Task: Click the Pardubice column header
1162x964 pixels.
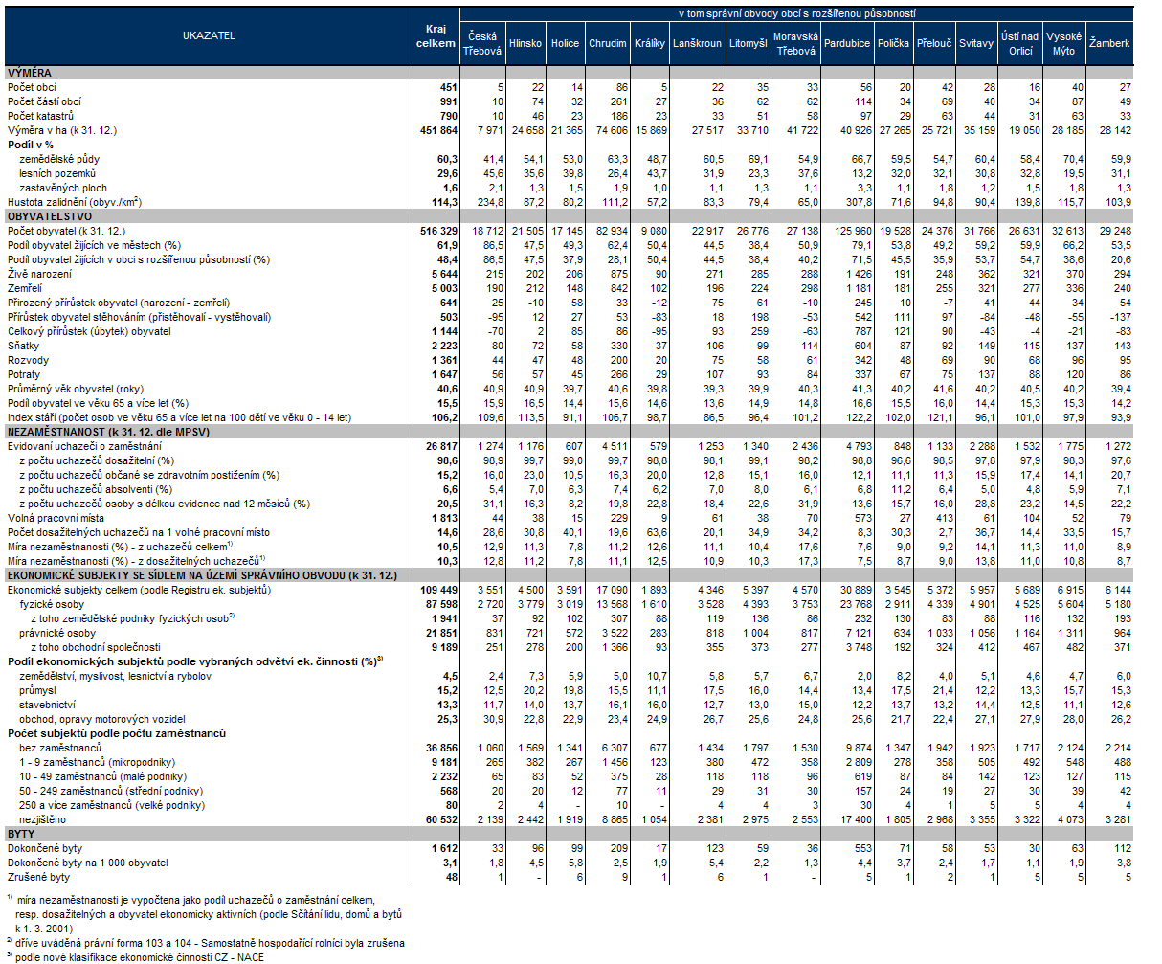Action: [847, 43]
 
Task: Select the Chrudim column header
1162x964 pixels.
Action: [608, 43]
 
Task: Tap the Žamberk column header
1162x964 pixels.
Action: [1109, 43]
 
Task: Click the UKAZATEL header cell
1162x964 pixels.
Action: [209, 35]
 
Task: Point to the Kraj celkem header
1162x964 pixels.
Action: [435, 35]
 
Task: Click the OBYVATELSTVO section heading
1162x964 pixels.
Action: [43, 216]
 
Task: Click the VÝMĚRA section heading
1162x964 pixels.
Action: [30, 73]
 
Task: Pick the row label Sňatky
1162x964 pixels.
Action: [23, 345]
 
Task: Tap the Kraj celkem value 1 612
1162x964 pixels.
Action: [441, 848]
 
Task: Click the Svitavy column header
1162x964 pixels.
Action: [975, 43]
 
